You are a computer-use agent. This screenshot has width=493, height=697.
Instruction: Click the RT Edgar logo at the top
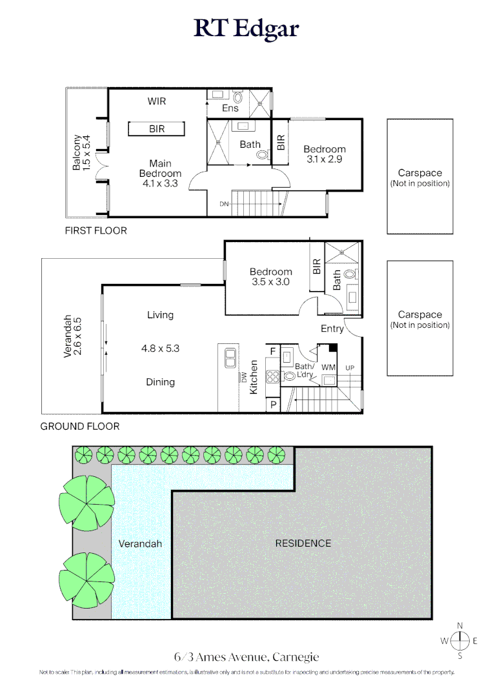click(246, 29)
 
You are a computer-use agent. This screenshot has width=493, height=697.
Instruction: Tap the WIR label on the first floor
click(157, 101)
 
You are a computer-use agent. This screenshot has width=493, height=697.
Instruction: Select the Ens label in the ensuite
click(230, 108)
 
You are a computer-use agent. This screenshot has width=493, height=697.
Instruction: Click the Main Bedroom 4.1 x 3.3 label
click(160, 173)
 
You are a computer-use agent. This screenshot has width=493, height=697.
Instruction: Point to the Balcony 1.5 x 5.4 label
click(81, 152)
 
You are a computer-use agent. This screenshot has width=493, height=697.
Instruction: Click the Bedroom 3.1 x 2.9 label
click(325, 154)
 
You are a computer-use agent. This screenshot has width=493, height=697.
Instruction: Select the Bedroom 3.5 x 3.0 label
click(271, 277)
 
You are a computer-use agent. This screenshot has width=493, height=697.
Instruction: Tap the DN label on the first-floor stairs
click(224, 204)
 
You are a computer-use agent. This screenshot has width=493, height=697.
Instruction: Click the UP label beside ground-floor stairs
click(350, 368)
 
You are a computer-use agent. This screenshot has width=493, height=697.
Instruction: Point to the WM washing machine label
click(328, 367)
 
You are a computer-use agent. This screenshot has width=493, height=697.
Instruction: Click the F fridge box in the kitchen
click(272, 352)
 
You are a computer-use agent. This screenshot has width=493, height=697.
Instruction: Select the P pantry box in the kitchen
click(272, 405)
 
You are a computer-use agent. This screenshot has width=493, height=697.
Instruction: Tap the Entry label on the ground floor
click(332, 328)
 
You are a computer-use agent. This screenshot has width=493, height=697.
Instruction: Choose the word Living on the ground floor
click(160, 315)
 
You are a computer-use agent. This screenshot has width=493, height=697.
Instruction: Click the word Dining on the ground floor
click(160, 382)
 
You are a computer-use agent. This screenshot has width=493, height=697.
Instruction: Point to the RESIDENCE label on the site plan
click(303, 543)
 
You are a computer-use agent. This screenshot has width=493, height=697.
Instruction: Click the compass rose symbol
click(460, 641)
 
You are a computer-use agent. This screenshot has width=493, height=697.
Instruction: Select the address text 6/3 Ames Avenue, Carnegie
click(246, 658)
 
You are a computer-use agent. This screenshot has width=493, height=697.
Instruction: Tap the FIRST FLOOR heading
click(96, 230)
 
